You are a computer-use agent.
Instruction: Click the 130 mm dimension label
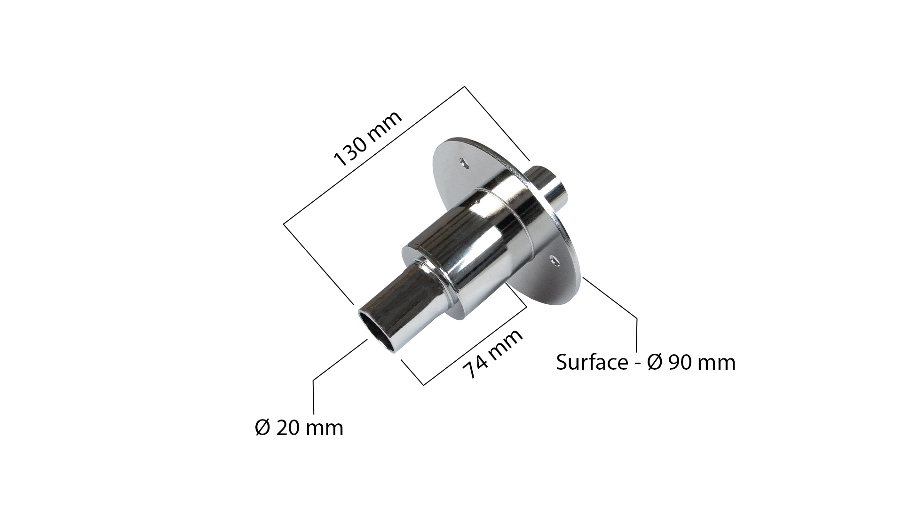point(368,139)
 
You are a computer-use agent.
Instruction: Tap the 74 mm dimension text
point(492,353)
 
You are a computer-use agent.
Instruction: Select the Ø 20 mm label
point(299,428)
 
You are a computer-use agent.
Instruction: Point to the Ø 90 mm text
point(691,363)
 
